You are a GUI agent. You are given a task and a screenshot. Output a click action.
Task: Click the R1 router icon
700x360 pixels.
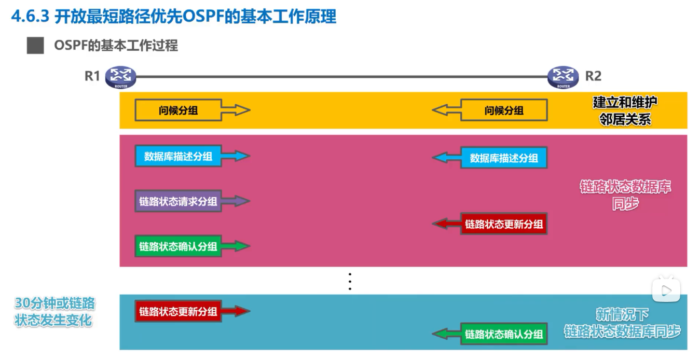(120, 77)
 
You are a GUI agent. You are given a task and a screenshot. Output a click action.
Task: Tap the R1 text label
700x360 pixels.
(92, 76)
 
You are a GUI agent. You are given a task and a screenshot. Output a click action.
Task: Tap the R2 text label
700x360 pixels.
(593, 76)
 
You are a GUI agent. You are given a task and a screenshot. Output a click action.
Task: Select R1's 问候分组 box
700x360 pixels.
(178, 110)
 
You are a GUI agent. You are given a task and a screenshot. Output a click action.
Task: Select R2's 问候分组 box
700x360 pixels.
(504, 110)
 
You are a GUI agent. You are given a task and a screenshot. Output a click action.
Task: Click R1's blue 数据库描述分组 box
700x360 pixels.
(178, 156)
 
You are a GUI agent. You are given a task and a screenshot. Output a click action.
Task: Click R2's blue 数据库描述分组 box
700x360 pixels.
(504, 158)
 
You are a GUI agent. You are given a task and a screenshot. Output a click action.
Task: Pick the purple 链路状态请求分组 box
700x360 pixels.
(178, 201)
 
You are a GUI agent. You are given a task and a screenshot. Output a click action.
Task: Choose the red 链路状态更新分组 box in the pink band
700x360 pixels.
(504, 224)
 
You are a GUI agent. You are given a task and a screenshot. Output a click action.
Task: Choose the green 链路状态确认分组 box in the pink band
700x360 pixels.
(178, 246)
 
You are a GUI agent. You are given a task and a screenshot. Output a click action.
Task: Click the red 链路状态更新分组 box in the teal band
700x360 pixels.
(178, 312)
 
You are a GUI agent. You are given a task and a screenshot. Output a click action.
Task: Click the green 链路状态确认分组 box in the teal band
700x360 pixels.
(504, 334)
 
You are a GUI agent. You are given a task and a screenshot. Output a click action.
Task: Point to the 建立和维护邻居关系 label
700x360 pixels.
(622, 110)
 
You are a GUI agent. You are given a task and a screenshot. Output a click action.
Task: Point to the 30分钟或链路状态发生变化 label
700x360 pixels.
(54, 312)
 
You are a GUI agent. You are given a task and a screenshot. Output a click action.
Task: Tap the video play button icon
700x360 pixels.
(666, 289)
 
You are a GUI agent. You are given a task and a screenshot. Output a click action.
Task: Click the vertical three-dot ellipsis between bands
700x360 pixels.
(350, 281)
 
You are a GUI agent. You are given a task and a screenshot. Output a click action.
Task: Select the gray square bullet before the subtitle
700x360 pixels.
(35, 46)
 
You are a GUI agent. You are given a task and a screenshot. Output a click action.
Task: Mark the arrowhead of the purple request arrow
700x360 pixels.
(242, 201)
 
